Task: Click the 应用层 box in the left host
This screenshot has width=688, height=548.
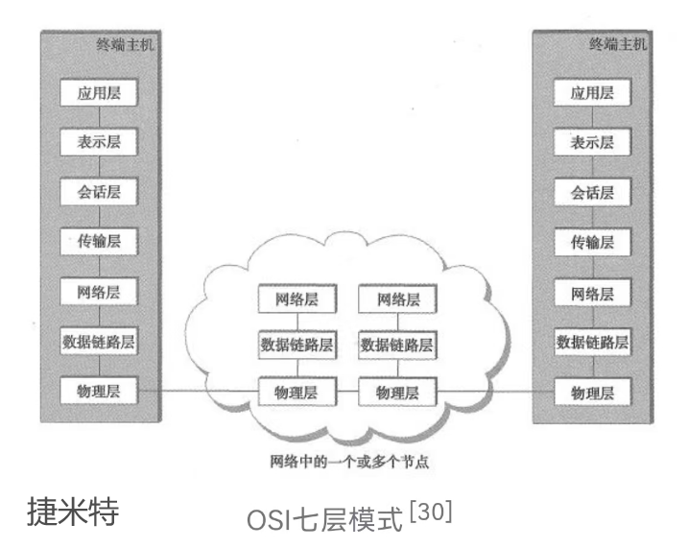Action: point(97,93)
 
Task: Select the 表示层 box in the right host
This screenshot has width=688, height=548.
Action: point(592,143)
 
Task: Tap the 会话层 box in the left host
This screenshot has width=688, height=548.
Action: point(97,192)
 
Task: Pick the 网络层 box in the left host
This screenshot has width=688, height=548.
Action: point(97,291)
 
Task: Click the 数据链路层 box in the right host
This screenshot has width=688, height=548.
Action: point(592,341)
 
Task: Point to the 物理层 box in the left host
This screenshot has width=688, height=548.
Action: point(97,391)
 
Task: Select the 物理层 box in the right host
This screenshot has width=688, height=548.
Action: point(592,392)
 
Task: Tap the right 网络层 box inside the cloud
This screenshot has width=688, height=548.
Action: point(394,298)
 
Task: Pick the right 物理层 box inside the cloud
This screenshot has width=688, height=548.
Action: point(394,392)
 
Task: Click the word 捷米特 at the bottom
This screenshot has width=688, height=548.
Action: point(73,512)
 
